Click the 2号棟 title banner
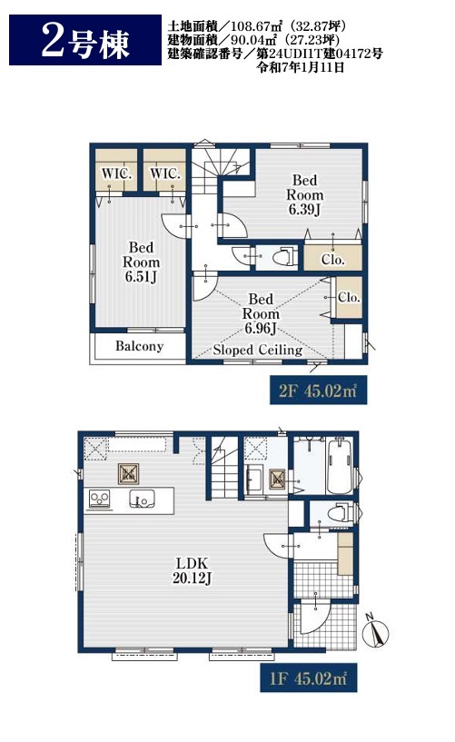tap(85, 40)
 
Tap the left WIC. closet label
tap(116, 173)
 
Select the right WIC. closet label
tap(165, 173)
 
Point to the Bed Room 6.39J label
tap(305, 194)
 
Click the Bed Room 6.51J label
tap(141, 262)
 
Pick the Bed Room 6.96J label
tap(261, 313)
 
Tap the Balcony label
tap(140, 346)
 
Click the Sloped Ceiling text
tap(258, 350)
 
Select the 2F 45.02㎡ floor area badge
tap(318, 391)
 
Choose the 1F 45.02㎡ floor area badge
tap(309, 678)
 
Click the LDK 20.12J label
tap(192, 570)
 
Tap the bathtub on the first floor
tap(340, 466)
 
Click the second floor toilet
tap(286, 257)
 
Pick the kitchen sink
tap(142, 500)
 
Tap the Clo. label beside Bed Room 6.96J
tap(349, 297)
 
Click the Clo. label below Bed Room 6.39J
tap(333, 260)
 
